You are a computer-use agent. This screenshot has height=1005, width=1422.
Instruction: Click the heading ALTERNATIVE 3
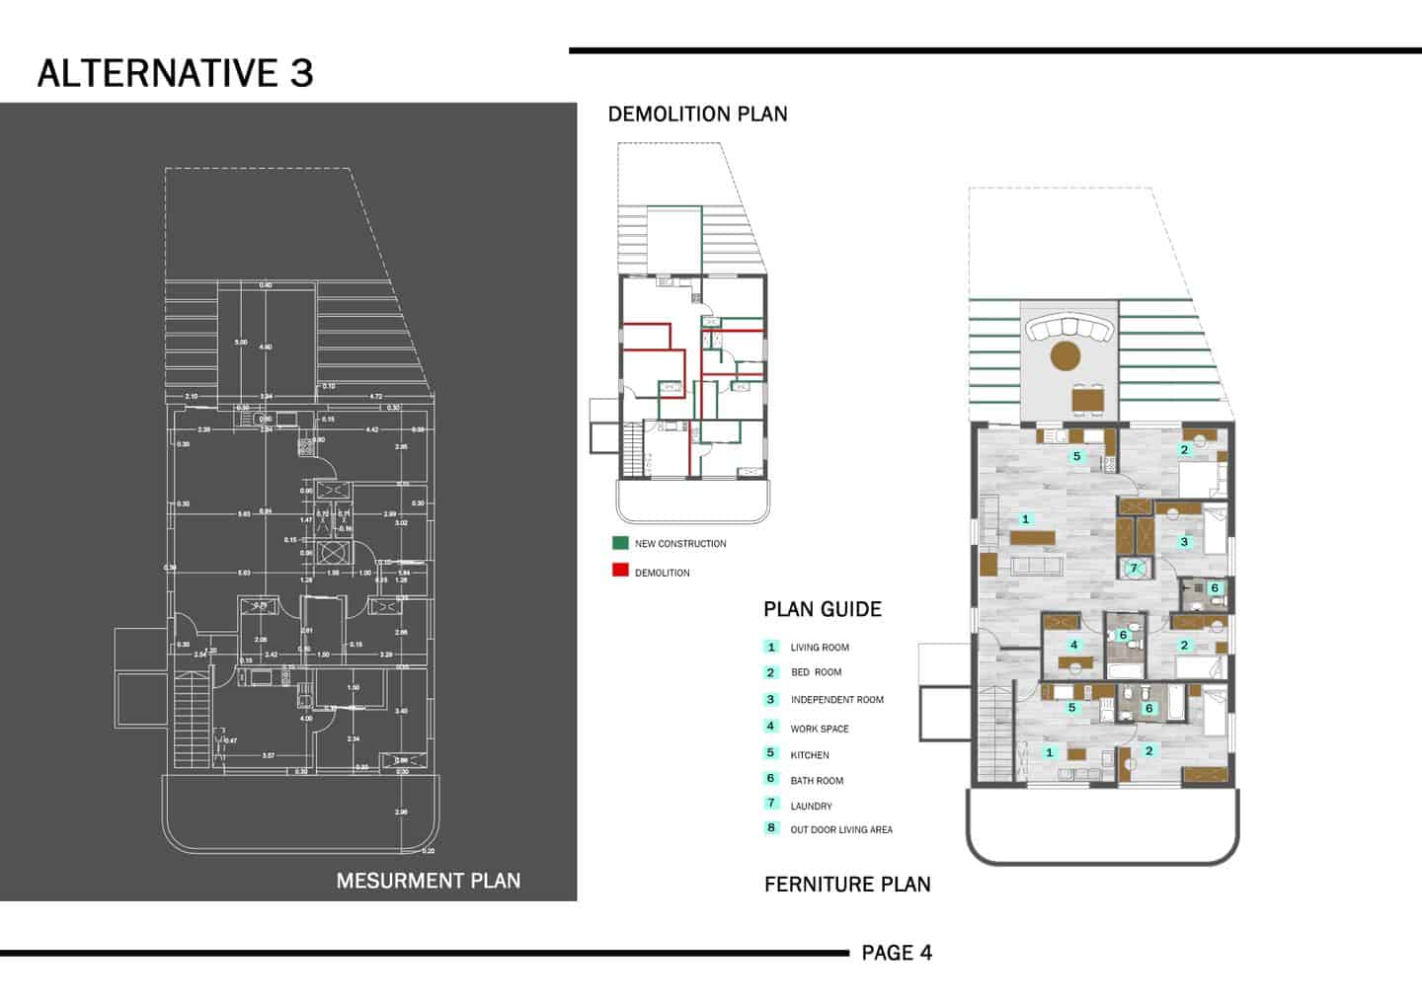pos(175,73)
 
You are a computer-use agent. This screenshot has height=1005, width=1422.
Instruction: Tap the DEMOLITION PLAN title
pos(697,115)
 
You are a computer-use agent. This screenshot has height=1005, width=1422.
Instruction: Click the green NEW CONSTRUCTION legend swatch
pos(620,543)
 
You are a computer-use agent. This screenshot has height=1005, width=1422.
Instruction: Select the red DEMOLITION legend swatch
pos(620,571)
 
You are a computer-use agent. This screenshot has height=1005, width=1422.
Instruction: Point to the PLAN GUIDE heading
pos(822,609)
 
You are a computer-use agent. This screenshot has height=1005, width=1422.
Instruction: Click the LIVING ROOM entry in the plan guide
pos(819,648)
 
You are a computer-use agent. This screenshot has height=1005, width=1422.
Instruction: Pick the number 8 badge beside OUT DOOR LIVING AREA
pos(771,828)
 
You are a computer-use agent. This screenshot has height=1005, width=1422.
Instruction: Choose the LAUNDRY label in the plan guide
pos(811,807)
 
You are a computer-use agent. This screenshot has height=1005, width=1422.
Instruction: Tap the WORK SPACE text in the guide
pos(819,729)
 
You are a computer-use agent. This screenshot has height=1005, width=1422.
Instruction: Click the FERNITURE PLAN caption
pos(847,885)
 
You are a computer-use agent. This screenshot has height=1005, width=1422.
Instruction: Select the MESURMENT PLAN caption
pos(428,881)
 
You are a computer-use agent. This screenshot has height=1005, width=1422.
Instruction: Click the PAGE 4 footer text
pos(897,953)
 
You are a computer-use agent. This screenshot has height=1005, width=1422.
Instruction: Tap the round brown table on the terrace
pos(1066,355)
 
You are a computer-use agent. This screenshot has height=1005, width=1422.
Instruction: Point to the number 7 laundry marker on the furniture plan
pos(1134,568)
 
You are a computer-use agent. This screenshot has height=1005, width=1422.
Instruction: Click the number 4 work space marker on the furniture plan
pos(1073,646)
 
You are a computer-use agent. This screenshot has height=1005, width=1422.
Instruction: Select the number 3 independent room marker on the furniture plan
pos(1184,542)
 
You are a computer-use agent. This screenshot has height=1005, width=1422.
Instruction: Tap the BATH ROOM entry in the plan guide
pos(817,781)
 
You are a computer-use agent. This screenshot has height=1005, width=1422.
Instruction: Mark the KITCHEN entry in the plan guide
pos(810,755)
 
